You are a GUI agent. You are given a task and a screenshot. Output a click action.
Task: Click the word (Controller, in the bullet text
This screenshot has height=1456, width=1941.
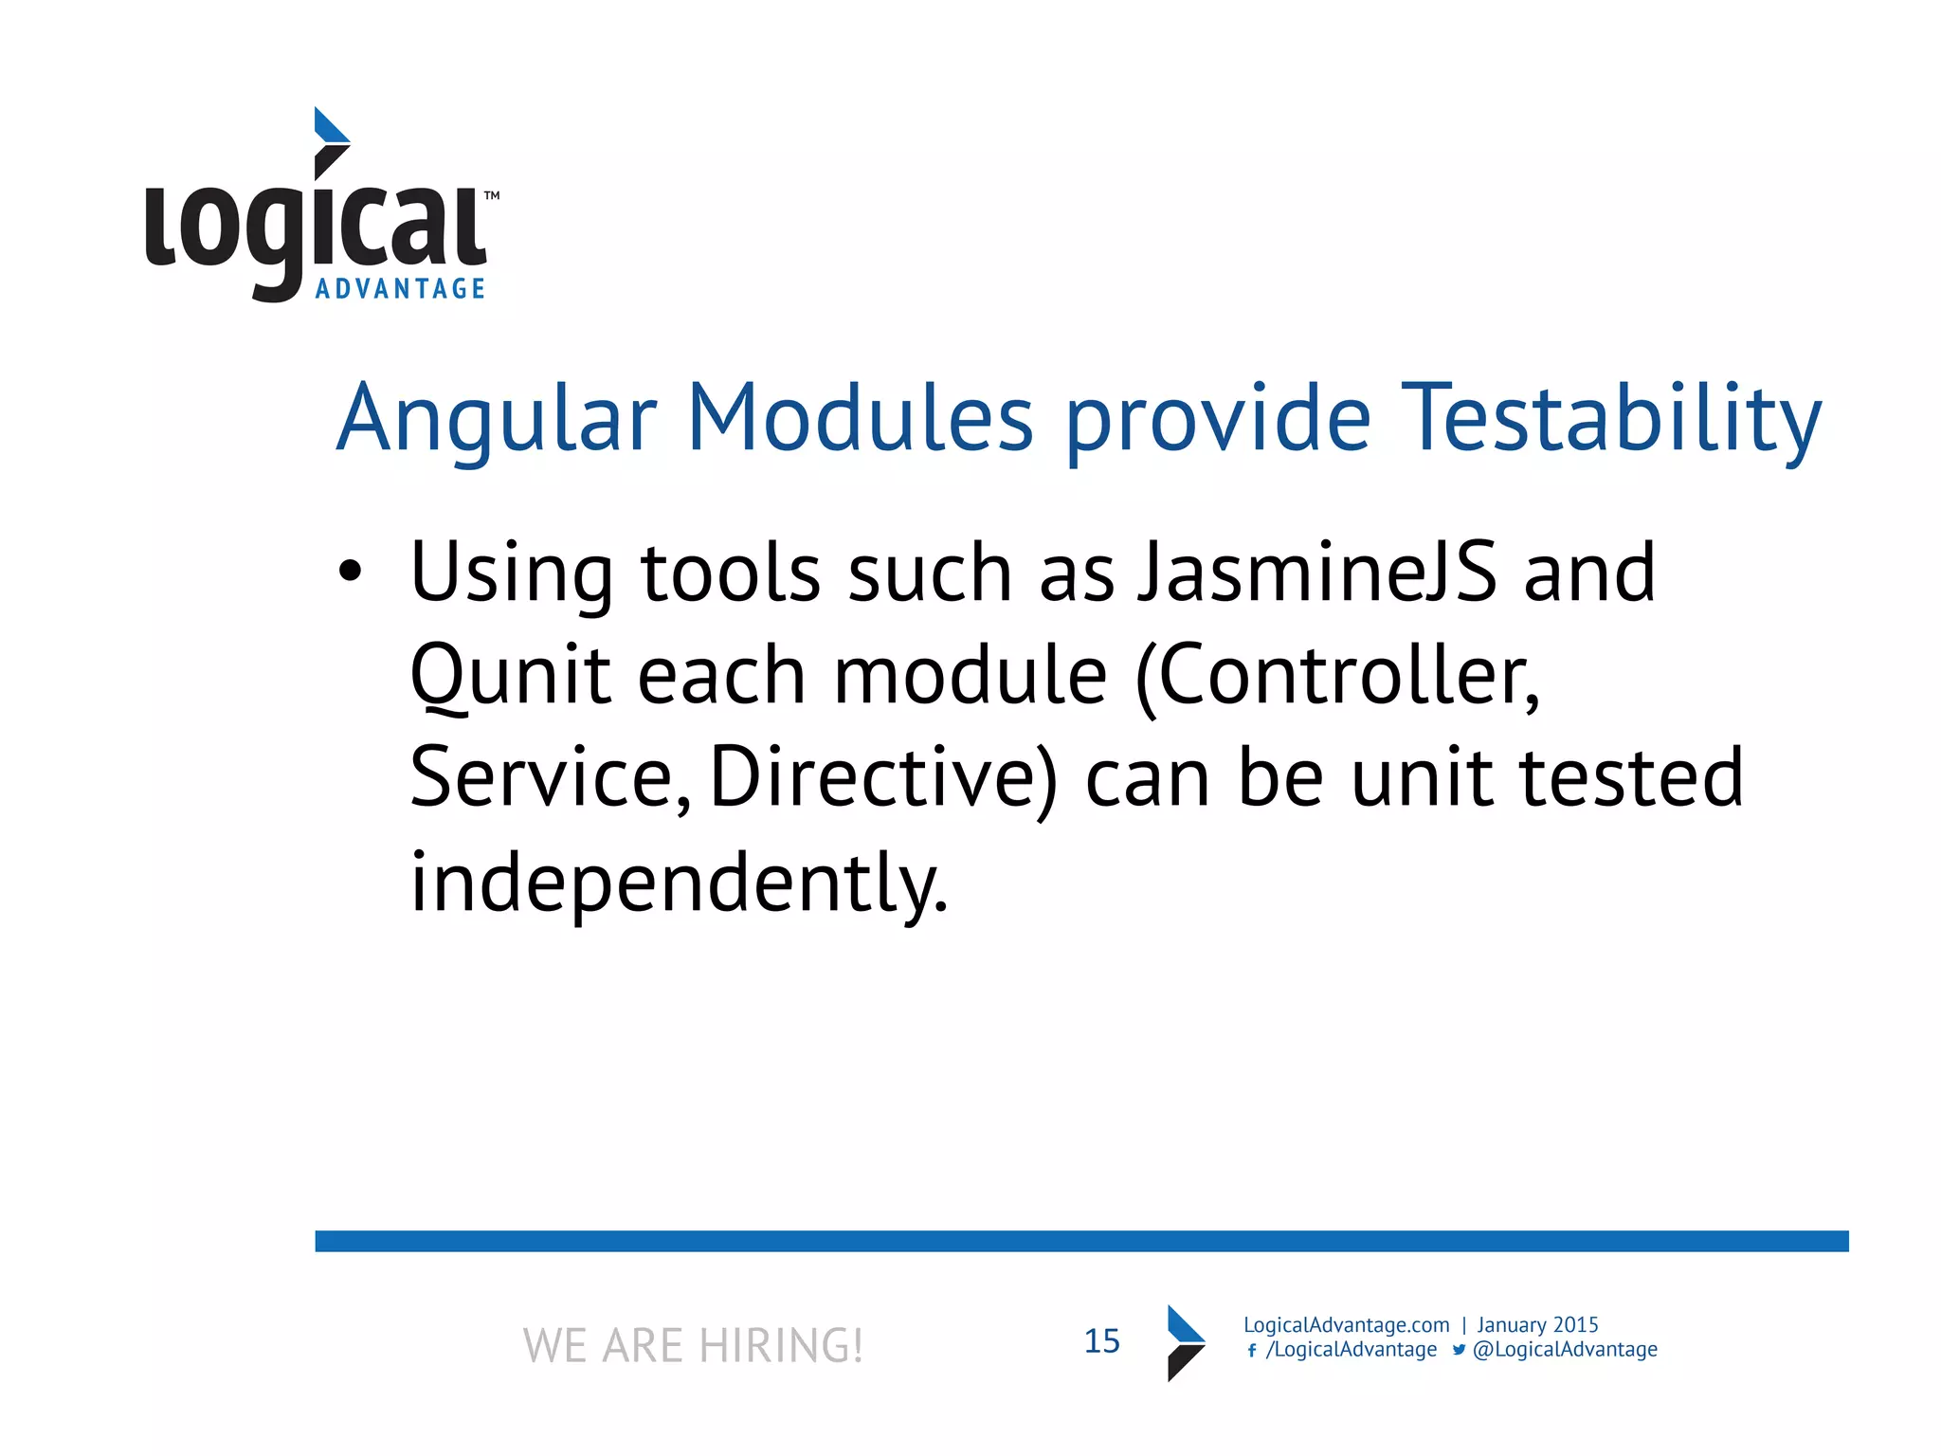point(1337,675)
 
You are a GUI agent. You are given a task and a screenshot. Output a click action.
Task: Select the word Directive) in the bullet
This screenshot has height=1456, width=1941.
point(882,777)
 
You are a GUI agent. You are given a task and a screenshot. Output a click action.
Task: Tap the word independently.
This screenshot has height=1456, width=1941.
point(678,882)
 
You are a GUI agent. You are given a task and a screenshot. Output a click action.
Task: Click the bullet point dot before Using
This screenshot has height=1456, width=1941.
point(350,572)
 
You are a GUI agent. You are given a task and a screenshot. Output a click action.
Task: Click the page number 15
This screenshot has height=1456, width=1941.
point(1101,1341)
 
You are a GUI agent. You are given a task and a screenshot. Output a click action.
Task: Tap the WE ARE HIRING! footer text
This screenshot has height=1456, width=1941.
point(693,1345)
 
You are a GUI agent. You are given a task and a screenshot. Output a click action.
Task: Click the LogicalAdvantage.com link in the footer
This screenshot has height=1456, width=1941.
point(1346,1325)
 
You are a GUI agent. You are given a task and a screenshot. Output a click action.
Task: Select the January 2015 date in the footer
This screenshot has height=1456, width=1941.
point(1537,1325)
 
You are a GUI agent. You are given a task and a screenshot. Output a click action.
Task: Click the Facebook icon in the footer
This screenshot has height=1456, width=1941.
point(1252,1351)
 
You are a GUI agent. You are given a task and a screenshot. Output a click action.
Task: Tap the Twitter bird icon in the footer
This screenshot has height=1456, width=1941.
point(1459,1350)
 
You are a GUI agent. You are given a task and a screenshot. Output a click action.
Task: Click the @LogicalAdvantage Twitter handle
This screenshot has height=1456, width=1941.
point(1565,1350)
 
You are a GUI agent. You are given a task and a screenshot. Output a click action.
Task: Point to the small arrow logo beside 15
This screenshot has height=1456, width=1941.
point(1185,1342)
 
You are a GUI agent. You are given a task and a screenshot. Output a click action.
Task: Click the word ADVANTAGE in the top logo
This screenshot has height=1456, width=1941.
point(400,289)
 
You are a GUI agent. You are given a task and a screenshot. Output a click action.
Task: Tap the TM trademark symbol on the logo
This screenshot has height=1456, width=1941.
point(492,196)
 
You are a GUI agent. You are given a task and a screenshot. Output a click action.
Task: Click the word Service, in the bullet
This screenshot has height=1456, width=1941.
point(550,777)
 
